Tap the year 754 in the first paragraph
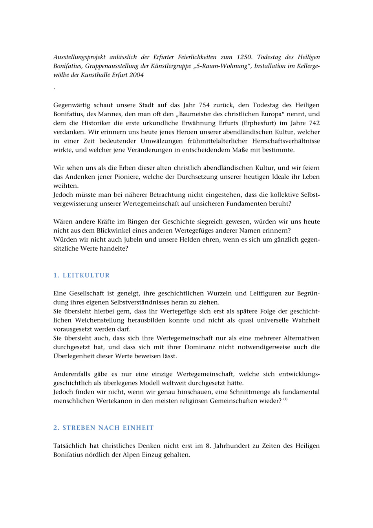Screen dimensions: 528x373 pos(204,105)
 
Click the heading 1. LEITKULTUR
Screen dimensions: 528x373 pos(82,275)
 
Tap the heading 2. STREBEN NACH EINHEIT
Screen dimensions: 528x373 pos(104,428)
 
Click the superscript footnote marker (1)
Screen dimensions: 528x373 pos(285,400)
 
